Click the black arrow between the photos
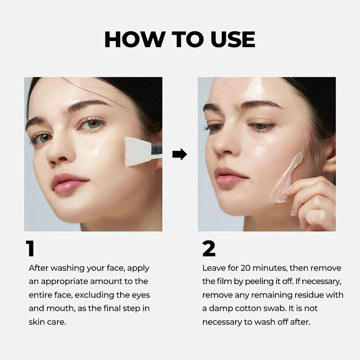(x=180, y=154)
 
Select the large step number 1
(x=30, y=248)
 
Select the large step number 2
(x=209, y=248)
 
